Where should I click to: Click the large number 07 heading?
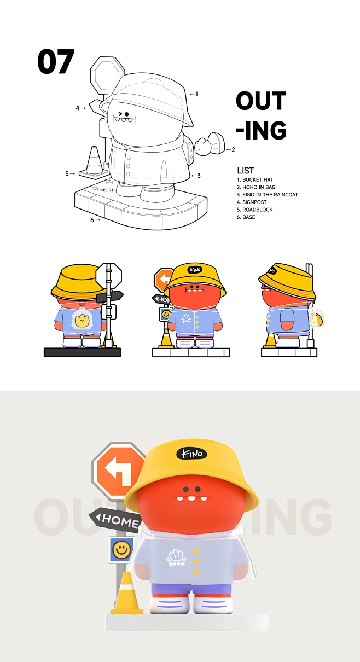point(56,62)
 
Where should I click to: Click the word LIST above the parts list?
point(246,171)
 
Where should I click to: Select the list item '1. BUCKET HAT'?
point(254,180)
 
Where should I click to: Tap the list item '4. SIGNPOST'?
point(252,202)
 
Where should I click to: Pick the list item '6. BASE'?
point(246,217)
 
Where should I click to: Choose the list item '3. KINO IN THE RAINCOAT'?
point(267,195)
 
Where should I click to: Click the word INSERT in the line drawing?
point(107,190)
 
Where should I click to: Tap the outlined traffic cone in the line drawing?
point(94,161)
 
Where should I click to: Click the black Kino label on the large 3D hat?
point(191,453)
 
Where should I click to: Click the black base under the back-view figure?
point(82,352)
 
